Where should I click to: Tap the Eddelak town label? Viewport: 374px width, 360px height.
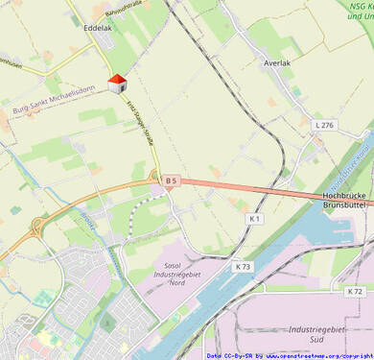coord(98,29)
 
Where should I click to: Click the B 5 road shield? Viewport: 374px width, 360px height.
coord(172,180)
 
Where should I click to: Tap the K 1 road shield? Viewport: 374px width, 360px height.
coord(254,219)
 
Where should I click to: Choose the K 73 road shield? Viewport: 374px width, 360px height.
coord(243,266)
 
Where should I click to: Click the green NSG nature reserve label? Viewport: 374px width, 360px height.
coord(360,12)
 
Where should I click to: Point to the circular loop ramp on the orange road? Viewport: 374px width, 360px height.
coord(37,228)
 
